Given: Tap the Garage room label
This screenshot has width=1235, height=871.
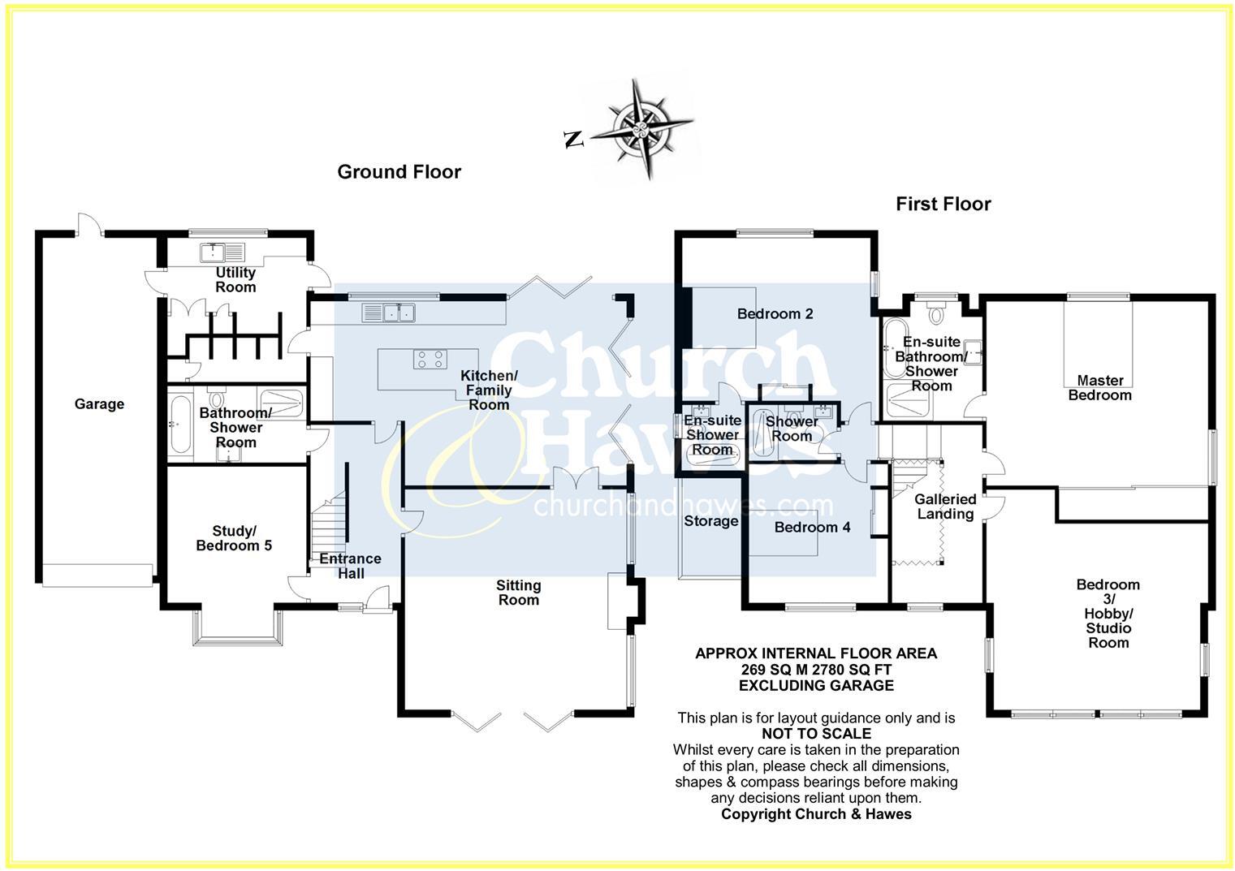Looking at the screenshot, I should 99,403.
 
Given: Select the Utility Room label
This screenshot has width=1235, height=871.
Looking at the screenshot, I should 235,279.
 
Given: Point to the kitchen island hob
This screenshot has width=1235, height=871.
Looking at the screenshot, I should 430,359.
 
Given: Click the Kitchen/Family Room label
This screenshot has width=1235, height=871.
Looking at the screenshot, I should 489,390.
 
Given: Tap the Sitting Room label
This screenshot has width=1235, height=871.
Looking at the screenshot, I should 518,593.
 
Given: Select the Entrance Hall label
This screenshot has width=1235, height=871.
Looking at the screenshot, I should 350,566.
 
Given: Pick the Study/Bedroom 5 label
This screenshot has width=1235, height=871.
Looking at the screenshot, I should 234,538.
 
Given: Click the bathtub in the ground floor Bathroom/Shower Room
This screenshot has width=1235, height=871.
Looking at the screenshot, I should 179,423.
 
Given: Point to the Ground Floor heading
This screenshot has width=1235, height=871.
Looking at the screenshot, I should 399,171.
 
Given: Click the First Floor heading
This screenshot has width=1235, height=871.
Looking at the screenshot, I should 943,204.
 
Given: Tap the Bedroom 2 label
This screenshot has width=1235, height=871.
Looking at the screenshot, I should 775,313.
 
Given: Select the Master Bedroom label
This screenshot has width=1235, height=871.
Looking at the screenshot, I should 1099,387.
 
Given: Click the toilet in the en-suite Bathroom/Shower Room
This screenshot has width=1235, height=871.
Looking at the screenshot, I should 937,312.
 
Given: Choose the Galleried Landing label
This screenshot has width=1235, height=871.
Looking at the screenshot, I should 945,507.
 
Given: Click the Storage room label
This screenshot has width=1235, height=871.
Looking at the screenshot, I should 710,521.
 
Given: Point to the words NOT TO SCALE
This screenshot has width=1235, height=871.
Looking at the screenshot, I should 816,734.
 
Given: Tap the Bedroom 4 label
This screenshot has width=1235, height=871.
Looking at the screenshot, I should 812,527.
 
